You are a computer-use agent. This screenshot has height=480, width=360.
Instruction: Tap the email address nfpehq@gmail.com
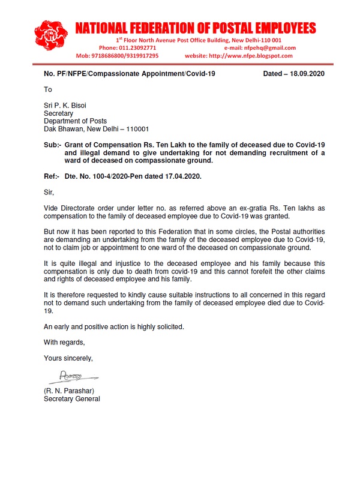coord(270,47)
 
